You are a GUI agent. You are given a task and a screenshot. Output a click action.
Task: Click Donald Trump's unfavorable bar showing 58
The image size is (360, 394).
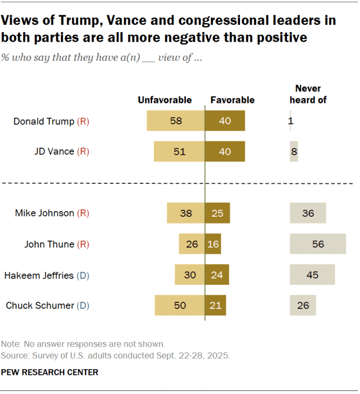pos(175,121)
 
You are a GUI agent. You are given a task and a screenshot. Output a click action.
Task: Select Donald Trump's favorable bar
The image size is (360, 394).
pos(225,121)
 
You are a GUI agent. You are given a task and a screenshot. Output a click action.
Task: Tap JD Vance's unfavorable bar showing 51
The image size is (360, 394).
pos(179,151)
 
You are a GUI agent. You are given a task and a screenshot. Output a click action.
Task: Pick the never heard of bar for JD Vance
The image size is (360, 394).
pos(294,151)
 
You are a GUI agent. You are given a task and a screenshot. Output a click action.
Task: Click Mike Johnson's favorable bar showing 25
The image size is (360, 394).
pos(217,213)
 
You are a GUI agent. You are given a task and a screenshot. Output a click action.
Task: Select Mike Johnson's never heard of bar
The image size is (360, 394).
pos(308,213)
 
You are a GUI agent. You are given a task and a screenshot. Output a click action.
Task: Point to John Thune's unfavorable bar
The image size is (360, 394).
pos(192,244)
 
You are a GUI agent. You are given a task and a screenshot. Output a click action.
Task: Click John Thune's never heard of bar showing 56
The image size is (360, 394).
pos(318,244)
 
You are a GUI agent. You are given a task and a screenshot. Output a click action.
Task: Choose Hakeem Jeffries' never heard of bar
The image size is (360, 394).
pos(312,275)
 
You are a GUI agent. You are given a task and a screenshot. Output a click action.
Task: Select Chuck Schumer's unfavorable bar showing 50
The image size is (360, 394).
pos(179,306)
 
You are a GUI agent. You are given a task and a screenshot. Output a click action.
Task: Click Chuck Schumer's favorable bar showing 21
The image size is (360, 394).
pos(215,306)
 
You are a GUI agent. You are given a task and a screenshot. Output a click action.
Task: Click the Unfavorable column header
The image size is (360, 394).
pos(165,100)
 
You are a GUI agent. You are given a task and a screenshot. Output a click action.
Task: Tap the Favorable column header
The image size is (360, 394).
pos(232,100)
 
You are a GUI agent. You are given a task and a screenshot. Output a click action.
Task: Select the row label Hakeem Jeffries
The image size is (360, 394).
pos(39,275)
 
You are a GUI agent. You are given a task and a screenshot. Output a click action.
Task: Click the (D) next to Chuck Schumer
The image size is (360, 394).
pos(83,306)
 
